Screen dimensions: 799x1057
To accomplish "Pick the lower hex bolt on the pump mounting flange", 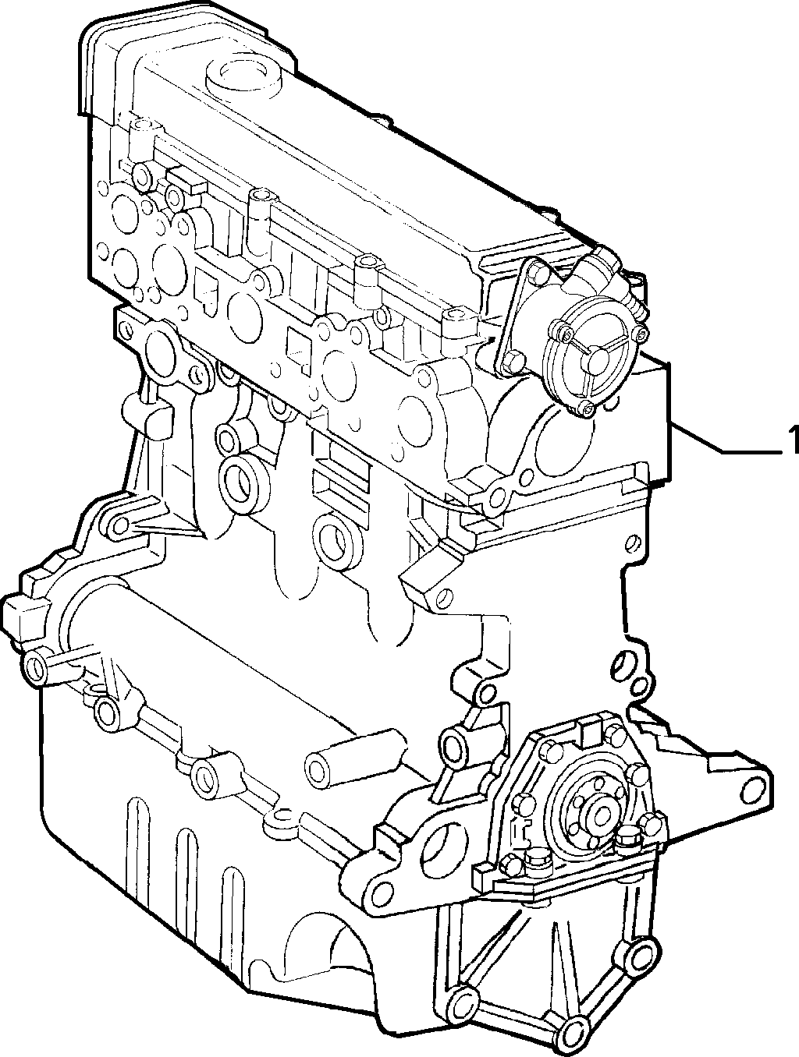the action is (x=513, y=359).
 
